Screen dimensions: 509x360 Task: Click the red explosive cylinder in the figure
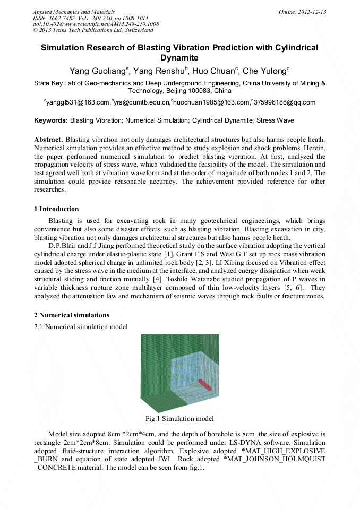click(x=204, y=384)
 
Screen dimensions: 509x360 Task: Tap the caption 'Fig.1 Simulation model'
click(x=179, y=419)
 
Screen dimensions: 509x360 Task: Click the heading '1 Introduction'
click(x=56, y=209)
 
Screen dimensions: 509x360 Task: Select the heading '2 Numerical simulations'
click(x=72, y=315)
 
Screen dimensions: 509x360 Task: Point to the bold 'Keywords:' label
click(x=51, y=121)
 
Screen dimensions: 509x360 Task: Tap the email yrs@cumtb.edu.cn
click(x=142, y=102)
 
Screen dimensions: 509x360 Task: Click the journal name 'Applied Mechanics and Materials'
click(x=74, y=12)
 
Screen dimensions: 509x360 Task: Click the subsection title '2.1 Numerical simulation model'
click(x=81, y=327)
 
